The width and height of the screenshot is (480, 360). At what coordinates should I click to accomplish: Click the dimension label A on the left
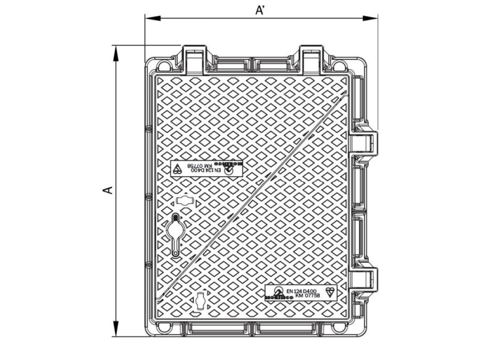tap(108, 190)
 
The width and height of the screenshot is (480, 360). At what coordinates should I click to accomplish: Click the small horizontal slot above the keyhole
tap(184, 202)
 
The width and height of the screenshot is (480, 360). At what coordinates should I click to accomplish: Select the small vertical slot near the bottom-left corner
tap(199, 300)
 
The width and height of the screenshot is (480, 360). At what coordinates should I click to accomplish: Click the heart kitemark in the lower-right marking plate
tap(330, 291)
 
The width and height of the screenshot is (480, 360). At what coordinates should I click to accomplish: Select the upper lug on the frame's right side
tap(366, 141)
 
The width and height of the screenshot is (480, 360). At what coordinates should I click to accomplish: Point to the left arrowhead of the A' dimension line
tap(150, 18)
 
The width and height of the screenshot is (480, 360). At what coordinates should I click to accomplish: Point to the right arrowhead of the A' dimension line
tap(374, 18)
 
